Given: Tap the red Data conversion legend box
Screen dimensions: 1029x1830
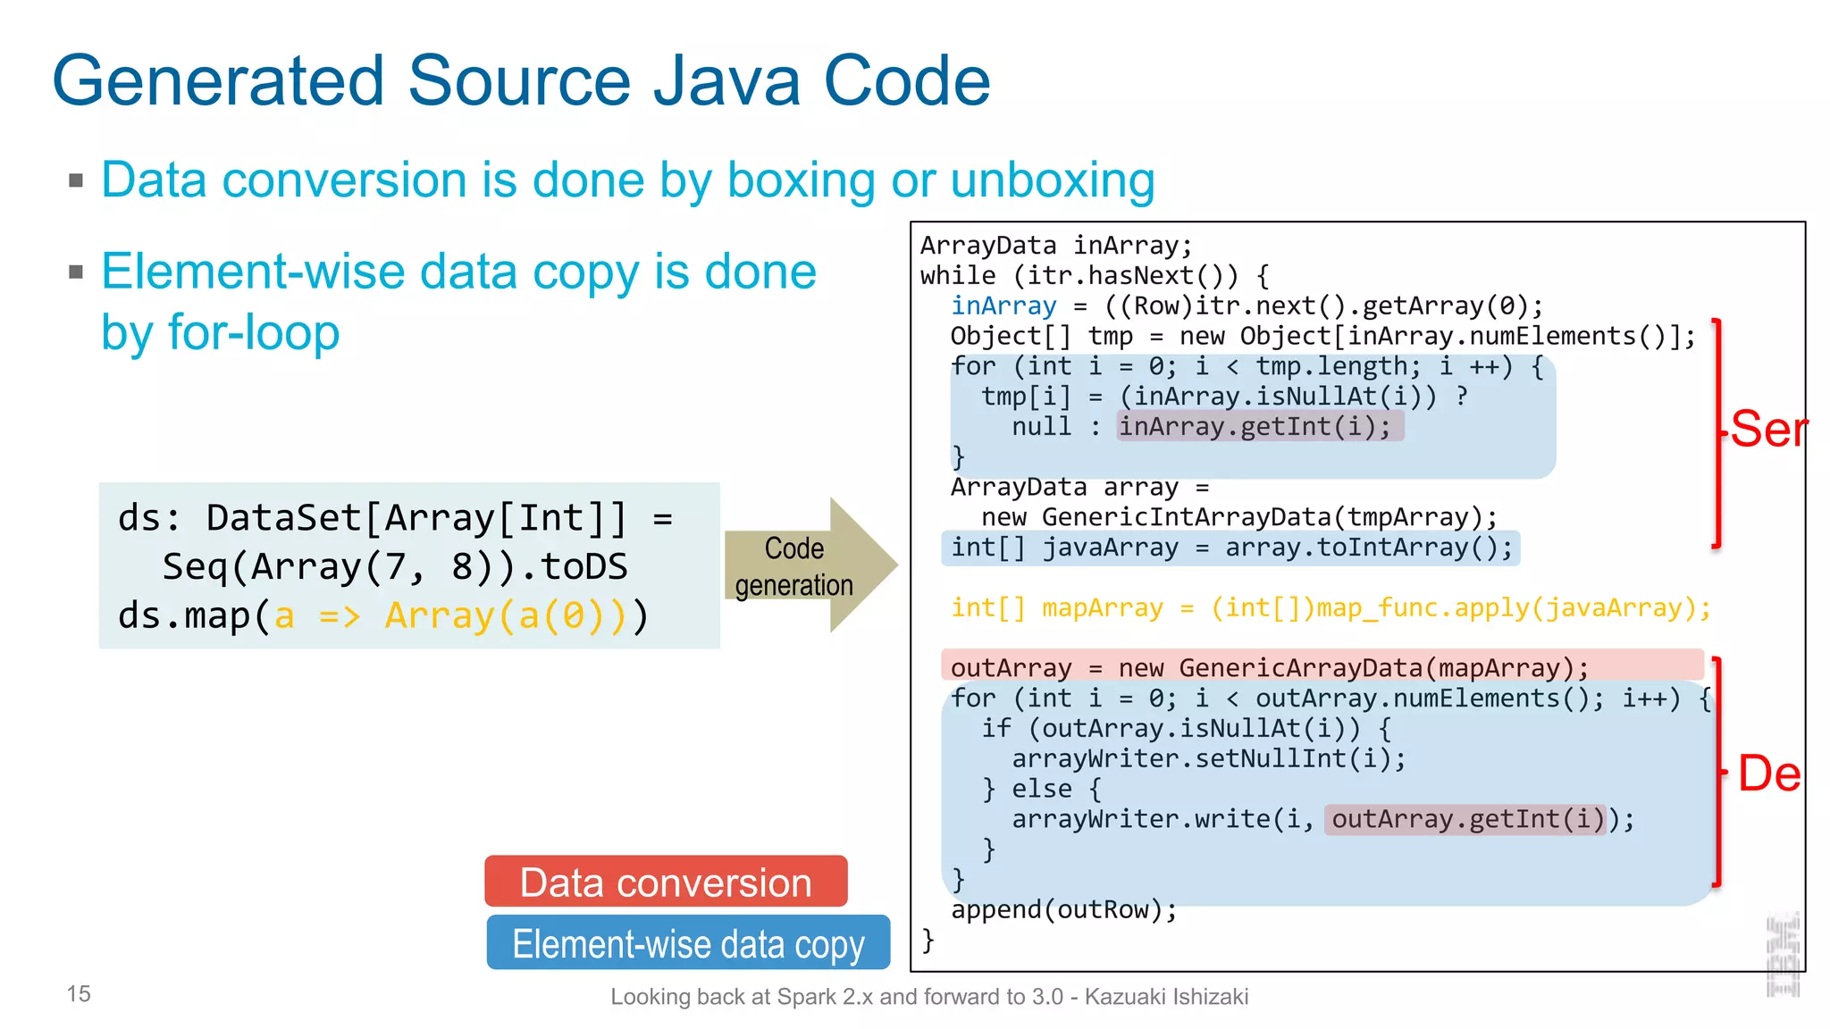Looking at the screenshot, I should pyautogui.click(x=666, y=882).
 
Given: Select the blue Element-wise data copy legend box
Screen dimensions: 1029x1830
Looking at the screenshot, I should pyautogui.click(x=688, y=943).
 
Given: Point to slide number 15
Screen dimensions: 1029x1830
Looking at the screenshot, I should pyautogui.click(x=79, y=994).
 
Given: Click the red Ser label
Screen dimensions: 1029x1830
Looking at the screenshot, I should pyautogui.click(x=1768, y=430).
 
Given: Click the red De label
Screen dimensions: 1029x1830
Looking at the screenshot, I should pyautogui.click(x=1768, y=774).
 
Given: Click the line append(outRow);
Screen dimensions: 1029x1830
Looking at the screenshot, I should pyautogui.click(x=1063, y=910).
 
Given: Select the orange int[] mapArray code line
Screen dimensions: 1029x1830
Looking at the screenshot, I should pyautogui.click(x=1330, y=608).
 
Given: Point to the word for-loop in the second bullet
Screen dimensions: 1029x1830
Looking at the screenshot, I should pyautogui.click(x=254, y=333).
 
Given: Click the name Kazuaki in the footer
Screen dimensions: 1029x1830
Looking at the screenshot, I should pyautogui.click(x=1121, y=997).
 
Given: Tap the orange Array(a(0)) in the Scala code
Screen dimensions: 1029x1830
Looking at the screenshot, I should pyautogui.click(x=506, y=616).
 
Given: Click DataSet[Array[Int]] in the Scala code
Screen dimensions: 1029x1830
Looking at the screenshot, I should pyautogui.click(x=416, y=518).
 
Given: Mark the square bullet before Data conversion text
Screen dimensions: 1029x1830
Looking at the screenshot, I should pyautogui.click(x=76, y=181).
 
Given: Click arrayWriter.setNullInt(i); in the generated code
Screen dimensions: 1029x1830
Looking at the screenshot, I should pyautogui.click(x=1208, y=759).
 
